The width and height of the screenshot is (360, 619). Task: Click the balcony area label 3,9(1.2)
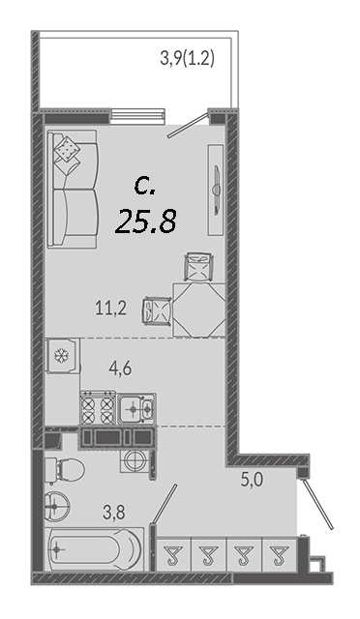pos(187,60)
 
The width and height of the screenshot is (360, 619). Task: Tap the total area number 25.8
pos(145,221)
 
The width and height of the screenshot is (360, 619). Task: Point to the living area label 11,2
pos(111,308)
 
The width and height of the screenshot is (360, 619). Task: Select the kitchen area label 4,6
pos(120,368)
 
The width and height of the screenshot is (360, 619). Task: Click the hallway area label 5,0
pos(253,481)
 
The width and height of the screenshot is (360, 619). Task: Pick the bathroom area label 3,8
pos(114,514)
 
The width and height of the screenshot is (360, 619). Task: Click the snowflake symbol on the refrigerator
pos(61,356)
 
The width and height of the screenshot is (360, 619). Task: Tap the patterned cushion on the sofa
pos(67,148)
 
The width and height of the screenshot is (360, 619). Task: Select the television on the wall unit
pos(216,190)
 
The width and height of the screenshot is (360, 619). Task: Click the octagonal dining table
pos(199,310)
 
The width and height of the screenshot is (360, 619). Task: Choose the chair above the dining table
pos(199,267)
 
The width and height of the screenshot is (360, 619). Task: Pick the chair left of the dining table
pos(157,310)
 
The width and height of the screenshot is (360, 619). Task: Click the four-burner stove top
pos(98,408)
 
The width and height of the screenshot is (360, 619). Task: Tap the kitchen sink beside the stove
pos(136,408)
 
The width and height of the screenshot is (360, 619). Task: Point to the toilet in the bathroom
pos(65,471)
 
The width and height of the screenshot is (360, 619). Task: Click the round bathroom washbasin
pos(56,505)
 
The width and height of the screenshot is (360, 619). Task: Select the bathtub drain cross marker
pos(58,549)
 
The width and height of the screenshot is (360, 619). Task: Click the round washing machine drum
pos(136,460)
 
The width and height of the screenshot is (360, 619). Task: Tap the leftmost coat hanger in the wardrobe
pos(172,555)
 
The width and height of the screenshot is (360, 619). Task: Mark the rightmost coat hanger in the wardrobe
pos(279,555)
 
